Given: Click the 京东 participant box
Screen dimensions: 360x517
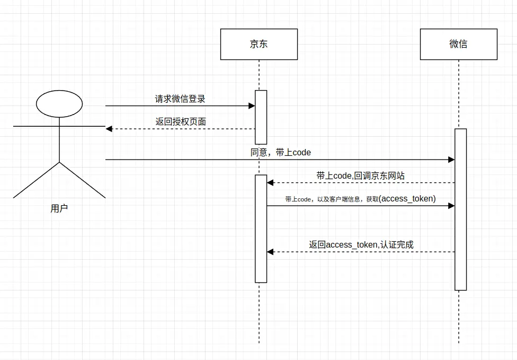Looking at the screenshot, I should click(x=259, y=44).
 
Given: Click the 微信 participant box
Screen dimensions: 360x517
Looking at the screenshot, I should click(x=458, y=44).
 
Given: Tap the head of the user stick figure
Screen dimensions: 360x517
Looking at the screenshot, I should click(x=59, y=103).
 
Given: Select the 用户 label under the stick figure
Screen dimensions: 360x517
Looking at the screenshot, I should click(x=59, y=208).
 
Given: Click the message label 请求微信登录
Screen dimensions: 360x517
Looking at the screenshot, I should click(x=180, y=99).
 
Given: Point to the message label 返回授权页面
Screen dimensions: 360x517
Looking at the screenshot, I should click(x=181, y=121).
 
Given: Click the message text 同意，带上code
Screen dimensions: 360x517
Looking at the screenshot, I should click(x=281, y=152).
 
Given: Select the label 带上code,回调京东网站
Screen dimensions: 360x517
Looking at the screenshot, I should click(x=360, y=175).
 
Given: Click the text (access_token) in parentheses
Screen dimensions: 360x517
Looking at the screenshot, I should click(x=407, y=198).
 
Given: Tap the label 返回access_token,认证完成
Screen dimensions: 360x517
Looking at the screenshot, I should click(x=361, y=244).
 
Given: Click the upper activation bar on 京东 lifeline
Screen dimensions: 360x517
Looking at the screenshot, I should click(x=261, y=117).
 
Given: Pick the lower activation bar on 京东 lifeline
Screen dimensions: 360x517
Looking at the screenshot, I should click(x=261, y=229).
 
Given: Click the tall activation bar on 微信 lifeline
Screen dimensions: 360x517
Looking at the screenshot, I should click(x=460, y=209).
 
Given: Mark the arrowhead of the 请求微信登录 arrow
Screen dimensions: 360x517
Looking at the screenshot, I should click(x=252, y=106).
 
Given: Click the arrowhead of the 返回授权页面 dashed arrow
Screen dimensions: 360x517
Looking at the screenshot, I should click(x=109, y=129).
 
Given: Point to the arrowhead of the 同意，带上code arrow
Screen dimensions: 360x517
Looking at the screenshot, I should click(x=452, y=160).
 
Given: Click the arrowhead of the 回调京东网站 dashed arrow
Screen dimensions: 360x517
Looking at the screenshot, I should click(x=270, y=183).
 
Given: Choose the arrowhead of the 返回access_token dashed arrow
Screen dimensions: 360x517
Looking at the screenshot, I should click(x=270, y=252).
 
